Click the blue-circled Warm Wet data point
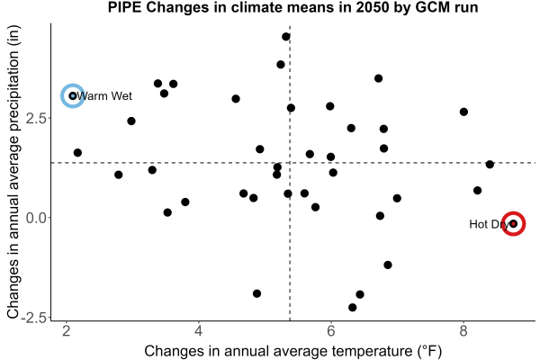(73, 95)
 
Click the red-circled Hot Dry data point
(514, 224)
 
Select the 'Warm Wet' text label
(104, 95)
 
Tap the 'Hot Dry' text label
(489, 224)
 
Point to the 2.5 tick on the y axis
(36, 118)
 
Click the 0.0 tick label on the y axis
(36, 218)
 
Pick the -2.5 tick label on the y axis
(33, 318)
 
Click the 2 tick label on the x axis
(66, 331)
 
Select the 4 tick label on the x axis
(198, 331)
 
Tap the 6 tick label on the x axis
(331, 331)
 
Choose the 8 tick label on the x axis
(463, 331)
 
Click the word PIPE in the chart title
(124, 7)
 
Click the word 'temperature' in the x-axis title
(372, 351)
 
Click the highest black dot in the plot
(286, 37)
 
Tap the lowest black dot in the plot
(352, 307)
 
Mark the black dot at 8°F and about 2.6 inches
(463, 112)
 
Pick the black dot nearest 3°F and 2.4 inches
(131, 121)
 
